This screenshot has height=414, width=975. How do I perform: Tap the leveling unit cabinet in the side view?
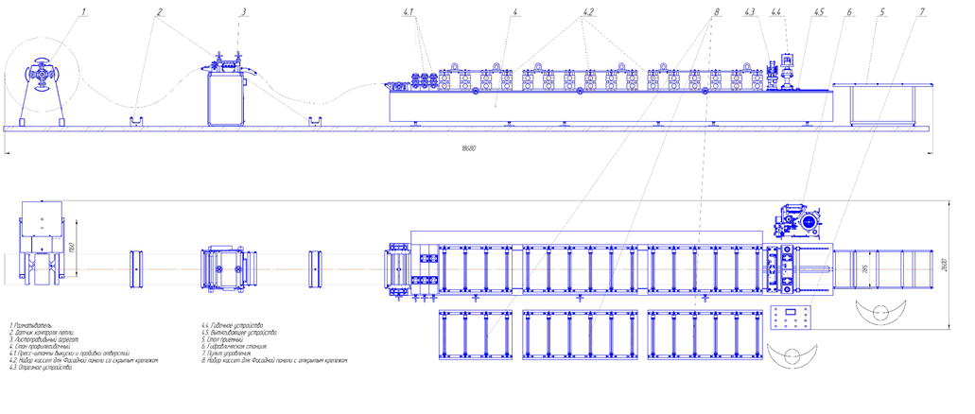tap(225, 98)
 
